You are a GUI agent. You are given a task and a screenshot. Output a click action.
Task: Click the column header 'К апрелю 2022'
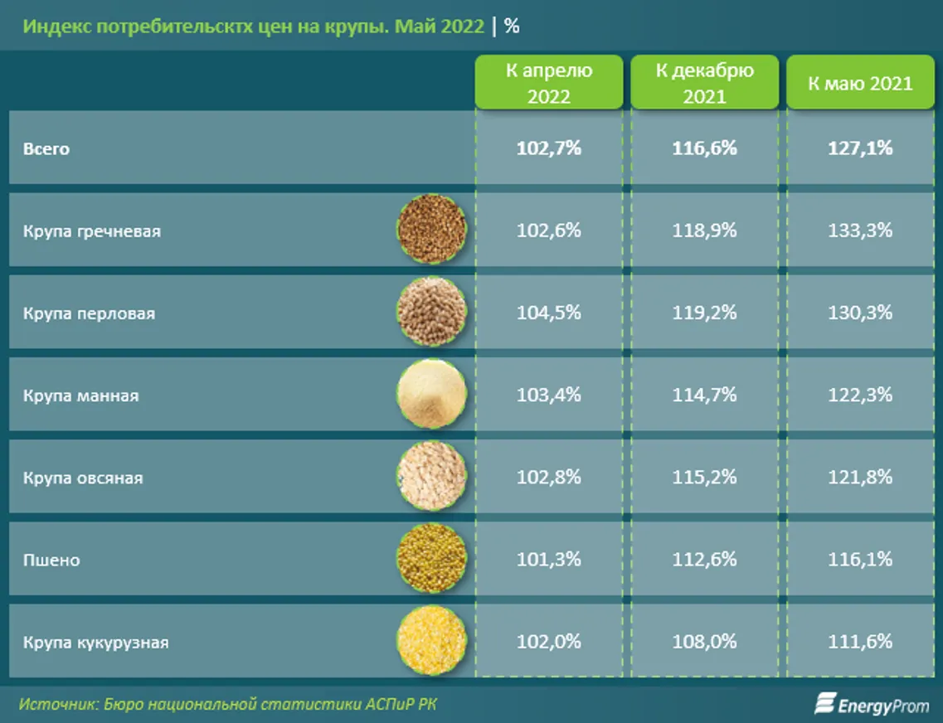[548, 83]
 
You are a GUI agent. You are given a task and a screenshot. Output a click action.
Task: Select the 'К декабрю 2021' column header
[704, 83]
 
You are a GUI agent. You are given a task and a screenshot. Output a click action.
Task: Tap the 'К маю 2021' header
[860, 83]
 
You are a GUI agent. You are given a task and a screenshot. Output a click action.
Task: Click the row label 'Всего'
[46, 149]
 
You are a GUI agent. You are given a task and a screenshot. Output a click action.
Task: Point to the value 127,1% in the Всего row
[860, 148]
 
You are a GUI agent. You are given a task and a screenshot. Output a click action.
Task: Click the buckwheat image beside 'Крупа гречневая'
[431, 230]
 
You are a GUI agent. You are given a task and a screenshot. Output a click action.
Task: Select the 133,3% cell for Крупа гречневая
[860, 230]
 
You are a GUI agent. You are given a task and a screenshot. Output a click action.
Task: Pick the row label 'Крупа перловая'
[89, 313]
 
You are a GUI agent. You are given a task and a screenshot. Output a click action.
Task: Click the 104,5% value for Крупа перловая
[548, 313]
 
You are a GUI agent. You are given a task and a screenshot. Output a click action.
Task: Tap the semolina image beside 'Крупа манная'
[431, 395]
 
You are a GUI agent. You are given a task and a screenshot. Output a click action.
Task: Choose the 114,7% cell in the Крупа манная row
[704, 395]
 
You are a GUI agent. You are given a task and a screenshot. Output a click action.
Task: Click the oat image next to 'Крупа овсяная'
[431, 477]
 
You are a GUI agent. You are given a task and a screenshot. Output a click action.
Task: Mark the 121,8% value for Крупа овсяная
[860, 477]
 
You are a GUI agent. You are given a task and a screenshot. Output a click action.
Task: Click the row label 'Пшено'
[51, 560]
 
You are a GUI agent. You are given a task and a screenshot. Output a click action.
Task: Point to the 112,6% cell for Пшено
[704, 560]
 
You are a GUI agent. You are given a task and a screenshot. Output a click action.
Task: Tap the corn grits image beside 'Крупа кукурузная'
[431, 641]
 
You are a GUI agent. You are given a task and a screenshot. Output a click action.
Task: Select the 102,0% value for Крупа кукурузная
[548, 642]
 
